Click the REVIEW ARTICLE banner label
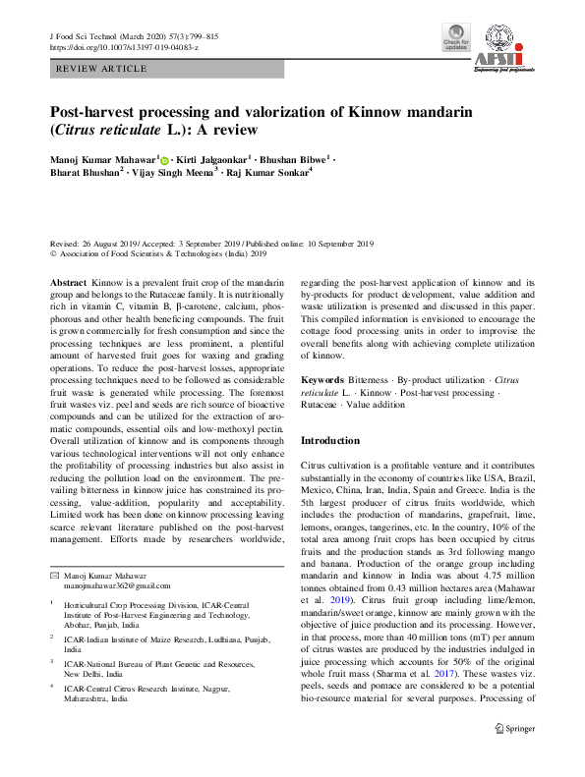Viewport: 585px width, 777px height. [102, 70]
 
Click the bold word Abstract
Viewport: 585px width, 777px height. [69, 282]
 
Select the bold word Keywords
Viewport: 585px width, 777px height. [322, 379]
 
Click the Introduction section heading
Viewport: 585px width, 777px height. [330, 441]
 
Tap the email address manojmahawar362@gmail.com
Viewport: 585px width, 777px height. [114, 584]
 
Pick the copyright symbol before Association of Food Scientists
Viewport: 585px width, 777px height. [53, 253]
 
